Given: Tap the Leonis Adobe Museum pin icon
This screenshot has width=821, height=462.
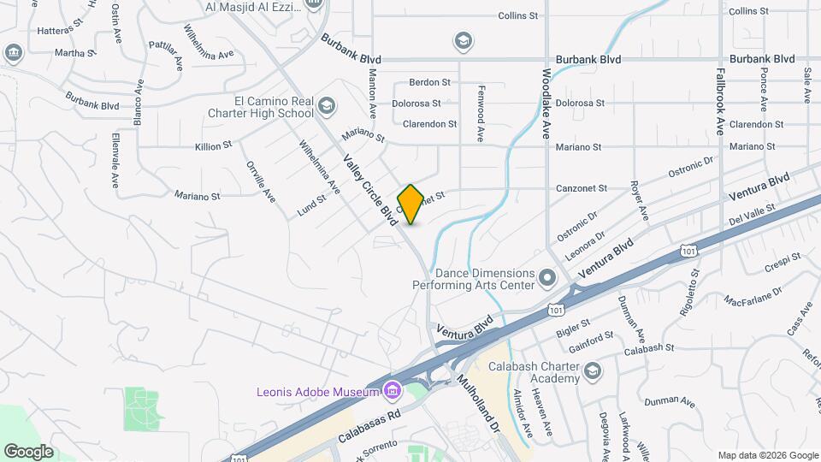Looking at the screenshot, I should pyautogui.click(x=393, y=392).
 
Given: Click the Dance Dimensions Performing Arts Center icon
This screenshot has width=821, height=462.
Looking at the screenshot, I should pyautogui.click(x=547, y=278).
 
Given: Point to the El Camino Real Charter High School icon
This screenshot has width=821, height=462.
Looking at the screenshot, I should pyautogui.click(x=326, y=106).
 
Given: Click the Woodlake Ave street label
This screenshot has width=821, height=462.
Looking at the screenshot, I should pyautogui.click(x=545, y=104).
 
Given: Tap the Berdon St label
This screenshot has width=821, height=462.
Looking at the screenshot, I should pyautogui.click(x=429, y=82).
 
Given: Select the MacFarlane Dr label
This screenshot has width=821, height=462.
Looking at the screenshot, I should pyautogui.click(x=753, y=297).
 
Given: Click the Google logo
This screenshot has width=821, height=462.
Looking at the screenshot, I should pyautogui.click(x=29, y=451).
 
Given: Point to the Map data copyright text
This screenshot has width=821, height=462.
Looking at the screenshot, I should pyautogui.click(x=767, y=455).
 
